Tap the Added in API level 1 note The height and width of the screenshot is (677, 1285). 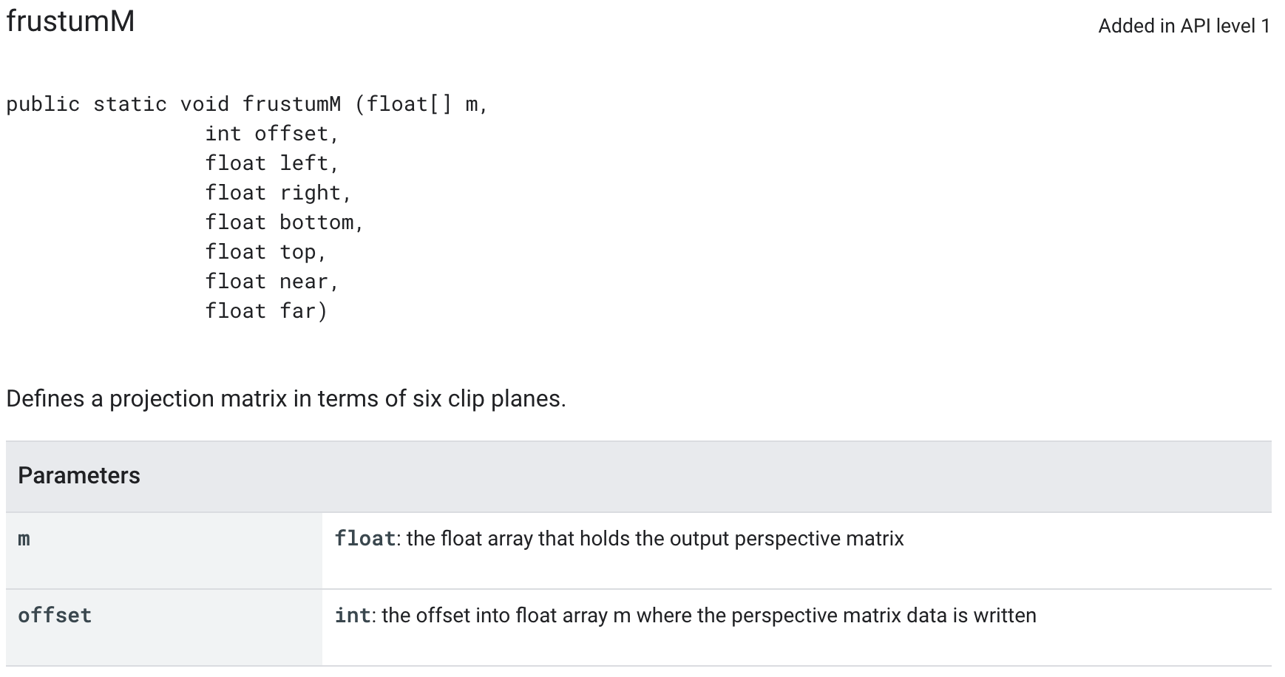(1184, 27)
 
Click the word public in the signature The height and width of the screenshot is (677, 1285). (43, 104)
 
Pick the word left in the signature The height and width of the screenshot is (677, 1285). (304, 163)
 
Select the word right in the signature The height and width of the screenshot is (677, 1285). (311, 193)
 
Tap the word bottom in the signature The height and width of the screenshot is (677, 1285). (316, 222)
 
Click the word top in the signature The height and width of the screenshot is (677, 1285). (298, 252)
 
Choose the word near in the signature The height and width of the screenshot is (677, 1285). (304, 282)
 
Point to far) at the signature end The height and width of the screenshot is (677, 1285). (303, 311)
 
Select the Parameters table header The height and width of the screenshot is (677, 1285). (79, 476)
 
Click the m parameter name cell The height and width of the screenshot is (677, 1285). (24, 539)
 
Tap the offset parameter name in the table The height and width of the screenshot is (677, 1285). (55, 616)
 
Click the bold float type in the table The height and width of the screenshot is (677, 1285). (365, 539)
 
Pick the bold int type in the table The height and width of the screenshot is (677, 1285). (353, 616)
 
